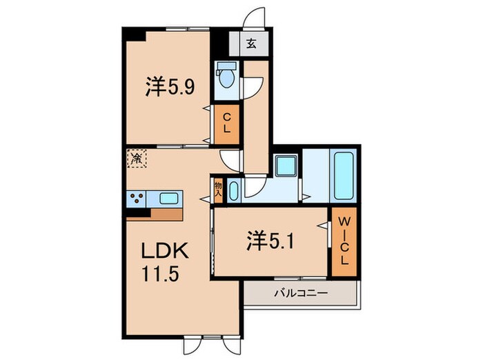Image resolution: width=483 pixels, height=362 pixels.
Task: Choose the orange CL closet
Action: (226, 123)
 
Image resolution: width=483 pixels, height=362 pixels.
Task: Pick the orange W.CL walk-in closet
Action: (343, 243)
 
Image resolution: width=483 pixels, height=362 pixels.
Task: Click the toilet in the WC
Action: (225, 77)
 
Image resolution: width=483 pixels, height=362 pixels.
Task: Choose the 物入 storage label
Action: (219, 188)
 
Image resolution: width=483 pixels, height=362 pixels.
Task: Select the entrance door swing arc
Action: (256, 17)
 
